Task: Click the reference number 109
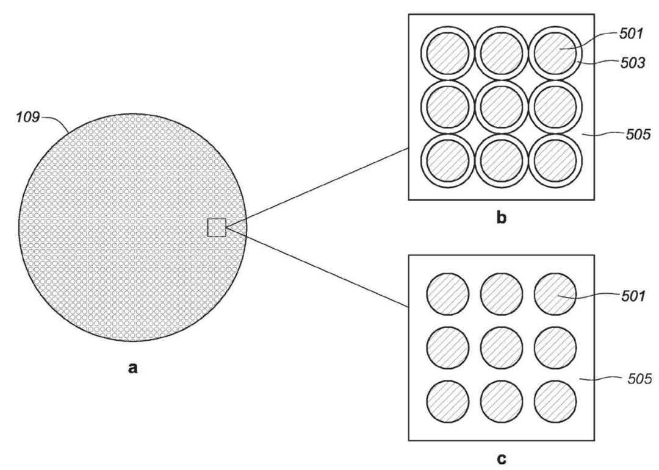point(28,117)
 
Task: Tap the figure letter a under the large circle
point(133,368)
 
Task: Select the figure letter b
point(502,218)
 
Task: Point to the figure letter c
point(502,458)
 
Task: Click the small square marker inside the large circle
point(217,227)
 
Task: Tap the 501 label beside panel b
point(632,34)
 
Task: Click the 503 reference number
point(633,63)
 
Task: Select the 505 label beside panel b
point(638,134)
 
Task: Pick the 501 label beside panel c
point(633,296)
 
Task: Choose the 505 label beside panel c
point(639,379)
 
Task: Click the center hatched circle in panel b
point(502,107)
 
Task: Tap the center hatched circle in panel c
point(502,348)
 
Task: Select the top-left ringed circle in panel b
point(448,54)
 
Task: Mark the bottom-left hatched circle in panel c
point(448,402)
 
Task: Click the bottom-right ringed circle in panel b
point(555,160)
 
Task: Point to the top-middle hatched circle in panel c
point(502,294)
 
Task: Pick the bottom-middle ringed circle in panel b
point(502,160)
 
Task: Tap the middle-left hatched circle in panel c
point(448,348)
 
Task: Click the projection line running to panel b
point(317,188)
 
